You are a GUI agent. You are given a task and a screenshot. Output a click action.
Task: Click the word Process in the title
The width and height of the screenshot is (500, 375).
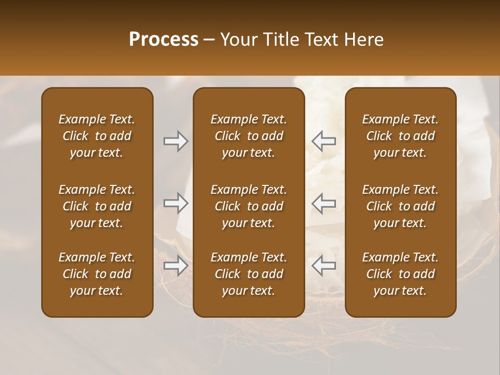pos(164,40)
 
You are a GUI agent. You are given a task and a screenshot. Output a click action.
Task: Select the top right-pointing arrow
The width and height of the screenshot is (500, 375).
pos(176,141)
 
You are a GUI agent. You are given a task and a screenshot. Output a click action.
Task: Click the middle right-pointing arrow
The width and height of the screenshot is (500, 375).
pos(176,203)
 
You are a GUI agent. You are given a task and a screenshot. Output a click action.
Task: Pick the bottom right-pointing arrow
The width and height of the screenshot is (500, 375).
pos(176,266)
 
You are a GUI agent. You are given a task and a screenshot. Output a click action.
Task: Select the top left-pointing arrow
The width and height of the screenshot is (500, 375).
pos(323,141)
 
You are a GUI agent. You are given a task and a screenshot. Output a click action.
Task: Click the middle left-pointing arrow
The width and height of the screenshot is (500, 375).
pos(323,203)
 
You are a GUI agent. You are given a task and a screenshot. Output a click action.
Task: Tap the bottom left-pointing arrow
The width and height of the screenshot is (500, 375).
pos(323,266)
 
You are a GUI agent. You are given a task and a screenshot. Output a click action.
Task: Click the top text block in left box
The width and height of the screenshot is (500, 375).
pos(97,136)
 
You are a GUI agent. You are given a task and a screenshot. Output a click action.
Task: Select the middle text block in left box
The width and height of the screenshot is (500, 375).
pos(97,206)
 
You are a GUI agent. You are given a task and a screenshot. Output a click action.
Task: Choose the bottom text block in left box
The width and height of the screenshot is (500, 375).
pos(97,274)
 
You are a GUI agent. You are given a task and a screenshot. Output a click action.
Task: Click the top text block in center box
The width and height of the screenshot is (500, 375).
pos(249,136)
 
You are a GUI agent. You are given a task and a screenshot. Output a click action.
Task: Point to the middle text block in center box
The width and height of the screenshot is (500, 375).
pos(249,206)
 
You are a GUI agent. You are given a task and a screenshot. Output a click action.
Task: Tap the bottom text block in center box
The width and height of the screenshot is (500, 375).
pos(249,274)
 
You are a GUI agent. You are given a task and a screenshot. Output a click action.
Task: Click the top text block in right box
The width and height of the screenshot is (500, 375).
pos(401,136)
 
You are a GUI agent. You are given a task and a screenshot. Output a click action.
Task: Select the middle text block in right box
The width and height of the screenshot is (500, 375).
pos(401,206)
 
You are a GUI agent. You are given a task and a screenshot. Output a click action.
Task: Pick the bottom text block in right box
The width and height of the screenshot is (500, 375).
pos(401,274)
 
